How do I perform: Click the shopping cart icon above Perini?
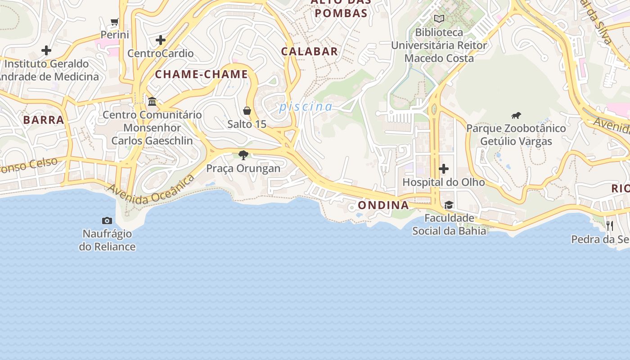pyautogui.click(x=115, y=22)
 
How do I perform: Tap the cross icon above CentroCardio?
pyautogui.click(x=161, y=40)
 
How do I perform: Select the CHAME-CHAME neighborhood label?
pyautogui.click(x=202, y=74)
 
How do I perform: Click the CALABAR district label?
pyautogui.click(x=310, y=51)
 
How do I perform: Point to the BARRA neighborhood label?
pyautogui.click(x=44, y=120)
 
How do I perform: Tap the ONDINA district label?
pyautogui.click(x=383, y=205)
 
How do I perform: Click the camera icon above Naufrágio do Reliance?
pyautogui.click(x=107, y=220)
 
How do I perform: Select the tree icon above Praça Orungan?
pyautogui.click(x=243, y=156)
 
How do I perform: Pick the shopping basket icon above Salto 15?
pyautogui.click(x=247, y=111)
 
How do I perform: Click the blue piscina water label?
pyautogui.click(x=306, y=107)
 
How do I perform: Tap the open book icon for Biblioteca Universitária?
pyautogui.click(x=439, y=19)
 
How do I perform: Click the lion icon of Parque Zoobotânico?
pyautogui.click(x=516, y=116)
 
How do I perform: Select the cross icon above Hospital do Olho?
pyautogui.click(x=444, y=169)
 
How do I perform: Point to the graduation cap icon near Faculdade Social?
pyautogui.click(x=449, y=205)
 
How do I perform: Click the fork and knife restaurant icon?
pyautogui.click(x=610, y=225)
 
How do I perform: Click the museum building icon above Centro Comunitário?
pyautogui.click(x=152, y=102)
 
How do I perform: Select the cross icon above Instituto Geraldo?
pyautogui.click(x=46, y=50)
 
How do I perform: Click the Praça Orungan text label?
pyautogui.click(x=243, y=168)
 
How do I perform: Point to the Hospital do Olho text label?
pyautogui.click(x=444, y=182)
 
